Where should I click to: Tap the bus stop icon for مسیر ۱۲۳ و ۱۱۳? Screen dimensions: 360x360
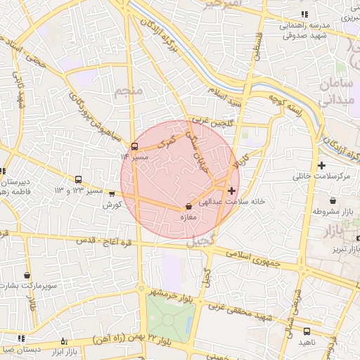pyautogui.click(x=78, y=180)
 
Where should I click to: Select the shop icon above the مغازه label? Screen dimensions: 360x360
pyautogui.click(x=188, y=207)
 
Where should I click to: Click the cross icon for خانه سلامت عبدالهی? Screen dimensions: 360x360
pyautogui.click(x=231, y=191)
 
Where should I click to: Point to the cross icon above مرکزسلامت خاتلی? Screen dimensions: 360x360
pyautogui.click(x=321, y=165)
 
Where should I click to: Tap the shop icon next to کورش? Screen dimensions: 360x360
pyautogui.click(x=112, y=194)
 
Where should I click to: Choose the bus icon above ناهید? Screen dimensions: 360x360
pyautogui.click(x=307, y=331)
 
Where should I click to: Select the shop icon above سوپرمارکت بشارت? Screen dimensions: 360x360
pyautogui.click(x=27, y=276)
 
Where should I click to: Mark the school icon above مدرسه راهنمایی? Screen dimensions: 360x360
pyautogui.click(x=304, y=14)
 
